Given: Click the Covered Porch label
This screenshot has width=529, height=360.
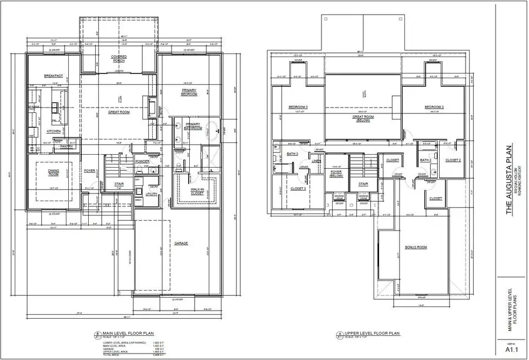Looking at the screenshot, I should click(119, 59).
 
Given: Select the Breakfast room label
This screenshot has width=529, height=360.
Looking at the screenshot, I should click(53, 76).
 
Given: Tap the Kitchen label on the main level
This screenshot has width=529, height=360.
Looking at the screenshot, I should click(54, 131).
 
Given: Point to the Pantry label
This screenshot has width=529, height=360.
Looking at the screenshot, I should click(66, 146).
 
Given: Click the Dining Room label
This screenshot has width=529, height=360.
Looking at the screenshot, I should click(54, 172).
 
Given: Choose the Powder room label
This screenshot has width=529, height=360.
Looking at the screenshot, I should click(142, 161).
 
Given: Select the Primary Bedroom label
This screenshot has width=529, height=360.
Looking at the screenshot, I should click(189, 93).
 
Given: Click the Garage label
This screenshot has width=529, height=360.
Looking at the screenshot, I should click(181, 243).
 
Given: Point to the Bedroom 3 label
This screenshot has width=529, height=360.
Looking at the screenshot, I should click(299, 107).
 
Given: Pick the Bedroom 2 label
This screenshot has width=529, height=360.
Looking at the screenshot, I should click(434, 107).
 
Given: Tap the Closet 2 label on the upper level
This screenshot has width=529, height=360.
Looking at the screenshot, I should click(453, 160).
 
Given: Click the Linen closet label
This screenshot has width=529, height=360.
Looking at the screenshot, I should click(316, 161).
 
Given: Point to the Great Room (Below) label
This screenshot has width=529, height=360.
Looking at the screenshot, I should click(364, 118).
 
